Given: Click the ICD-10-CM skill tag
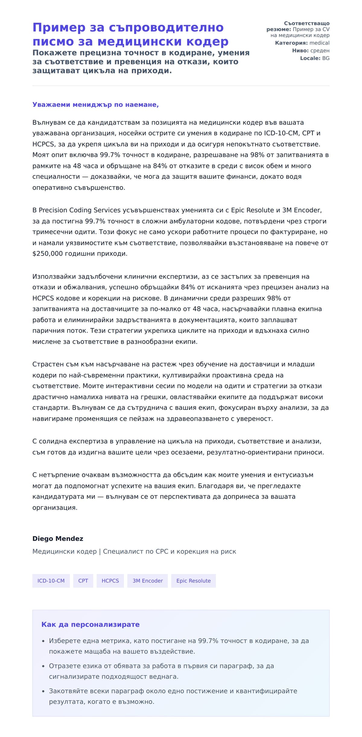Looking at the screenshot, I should point(51,581).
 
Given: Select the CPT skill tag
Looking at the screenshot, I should point(83,581).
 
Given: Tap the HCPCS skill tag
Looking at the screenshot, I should point(110,581).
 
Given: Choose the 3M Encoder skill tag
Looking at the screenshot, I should point(148,581).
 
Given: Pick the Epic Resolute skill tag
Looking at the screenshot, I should point(193,581).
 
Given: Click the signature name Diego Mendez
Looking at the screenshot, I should point(58,538).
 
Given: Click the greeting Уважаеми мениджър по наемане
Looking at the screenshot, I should point(95,105).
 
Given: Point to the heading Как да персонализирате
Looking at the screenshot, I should point(90,624).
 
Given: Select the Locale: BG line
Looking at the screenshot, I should point(314,58).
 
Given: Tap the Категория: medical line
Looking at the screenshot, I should point(302,43).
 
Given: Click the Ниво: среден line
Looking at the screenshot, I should point(310,51).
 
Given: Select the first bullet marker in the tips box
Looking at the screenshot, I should point(43,641).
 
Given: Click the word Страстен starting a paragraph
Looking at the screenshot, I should point(48,364).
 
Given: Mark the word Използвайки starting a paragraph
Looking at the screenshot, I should point(54,276).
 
